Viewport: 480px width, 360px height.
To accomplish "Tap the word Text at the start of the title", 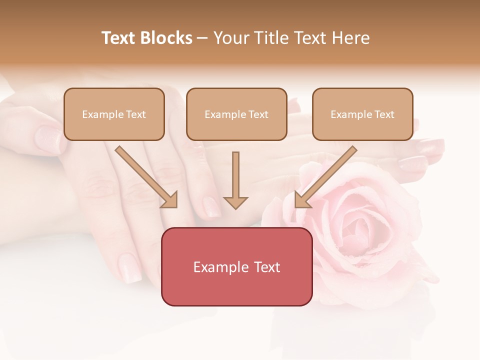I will click(x=120, y=38).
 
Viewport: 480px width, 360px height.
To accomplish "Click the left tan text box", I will click(x=114, y=114).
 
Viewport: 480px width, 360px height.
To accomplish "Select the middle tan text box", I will click(x=236, y=114).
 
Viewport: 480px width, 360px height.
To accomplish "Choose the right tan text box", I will click(x=362, y=114).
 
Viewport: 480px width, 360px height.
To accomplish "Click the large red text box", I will click(x=236, y=266).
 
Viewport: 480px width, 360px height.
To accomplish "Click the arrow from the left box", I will click(x=146, y=177).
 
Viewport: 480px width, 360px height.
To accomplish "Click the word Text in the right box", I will click(x=384, y=114).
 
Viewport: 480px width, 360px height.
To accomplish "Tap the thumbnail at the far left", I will click(x=48, y=137).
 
